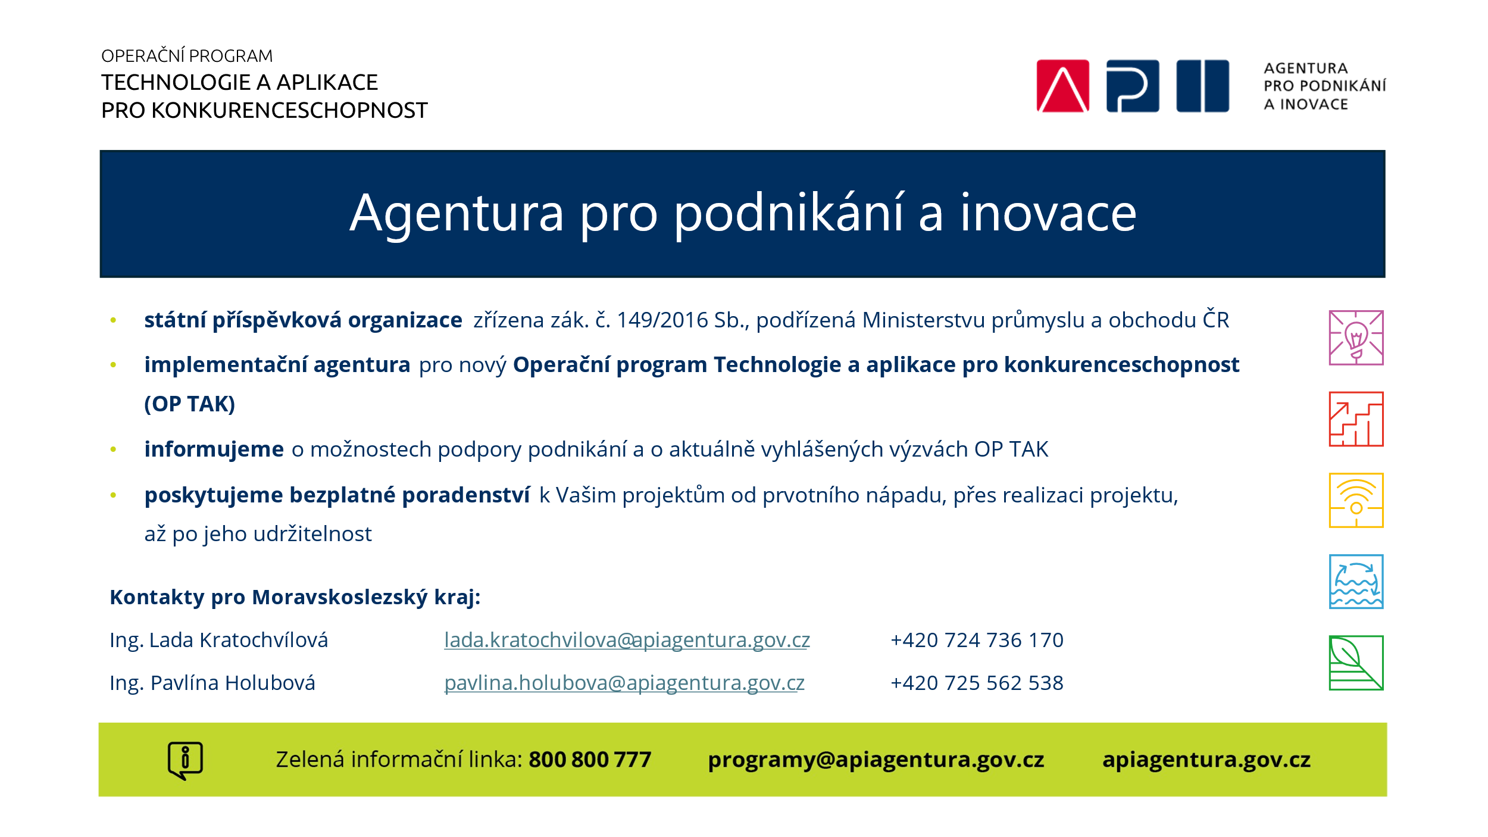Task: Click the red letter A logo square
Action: pyautogui.click(x=1062, y=86)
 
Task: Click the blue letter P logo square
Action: pyautogui.click(x=1133, y=86)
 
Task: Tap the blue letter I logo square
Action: pyautogui.click(x=1202, y=86)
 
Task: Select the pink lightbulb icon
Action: pyautogui.click(x=1356, y=338)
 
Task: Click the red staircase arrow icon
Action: pyautogui.click(x=1356, y=419)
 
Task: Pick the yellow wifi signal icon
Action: pyautogui.click(x=1356, y=500)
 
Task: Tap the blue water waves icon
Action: pyautogui.click(x=1356, y=582)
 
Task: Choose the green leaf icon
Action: pyautogui.click(x=1356, y=663)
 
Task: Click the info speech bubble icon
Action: pyautogui.click(x=185, y=760)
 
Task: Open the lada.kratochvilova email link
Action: pyautogui.click(x=627, y=640)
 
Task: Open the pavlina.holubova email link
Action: pyautogui.click(x=624, y=683)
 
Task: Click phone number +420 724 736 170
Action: pyautogui.click(x=977, y=640)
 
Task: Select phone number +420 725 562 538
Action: pyautogui.click(x=977, y=683)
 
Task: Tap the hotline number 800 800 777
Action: pyautogui.click(x=590, y=760)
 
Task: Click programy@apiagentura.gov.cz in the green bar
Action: pyautogui.click(x=876, y=760)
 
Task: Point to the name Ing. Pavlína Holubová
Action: pyautogui.click(x=212, y=683)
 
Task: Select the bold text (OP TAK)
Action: pyautogui.click(x=190, y=404)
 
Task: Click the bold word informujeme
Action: pyautogui.click(x=214, y=449)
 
